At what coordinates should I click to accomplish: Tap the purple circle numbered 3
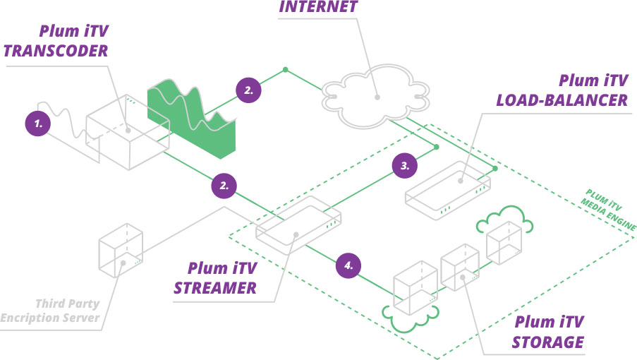pos(405,166)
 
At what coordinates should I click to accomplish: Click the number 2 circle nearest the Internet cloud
pos(248,90)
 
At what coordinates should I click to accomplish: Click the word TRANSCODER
pos(56,51)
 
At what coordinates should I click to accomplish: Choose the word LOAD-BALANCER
pos(562,100)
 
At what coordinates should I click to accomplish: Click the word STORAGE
pos(548,343)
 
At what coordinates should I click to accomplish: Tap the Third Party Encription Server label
pos(51,311)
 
